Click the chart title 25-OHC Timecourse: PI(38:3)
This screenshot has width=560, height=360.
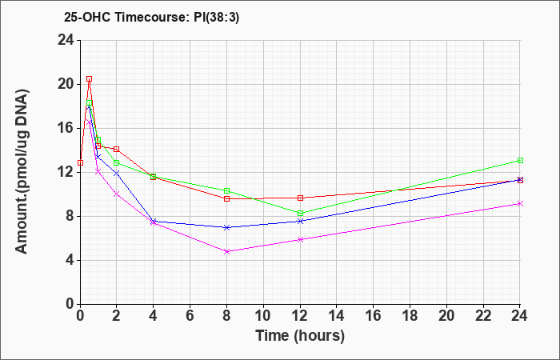pos(151,18)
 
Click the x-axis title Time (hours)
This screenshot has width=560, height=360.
pos(300,336)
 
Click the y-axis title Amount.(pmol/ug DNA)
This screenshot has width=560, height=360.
pos(22,172)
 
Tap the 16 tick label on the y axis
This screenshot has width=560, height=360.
pos(66,128)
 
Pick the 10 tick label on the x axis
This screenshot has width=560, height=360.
pos(263,316)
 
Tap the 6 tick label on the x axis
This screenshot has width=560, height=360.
pos(190,316)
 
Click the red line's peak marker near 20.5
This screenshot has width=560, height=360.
pos(90,79)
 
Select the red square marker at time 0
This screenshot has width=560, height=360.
pos(80,163)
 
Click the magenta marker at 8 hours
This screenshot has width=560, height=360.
pos(226,251)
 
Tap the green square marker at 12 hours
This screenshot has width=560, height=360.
pos(300,214)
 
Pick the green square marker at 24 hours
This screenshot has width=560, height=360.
pos(520,160)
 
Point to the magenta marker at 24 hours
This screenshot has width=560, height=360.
pos(520,203)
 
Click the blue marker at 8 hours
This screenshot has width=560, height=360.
pos(226,227)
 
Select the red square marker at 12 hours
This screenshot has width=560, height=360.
pos(300,198)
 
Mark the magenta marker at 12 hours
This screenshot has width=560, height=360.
pos(300,239)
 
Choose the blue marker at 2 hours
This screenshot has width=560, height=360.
pos(117,174)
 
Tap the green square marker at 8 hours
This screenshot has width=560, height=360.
pos(226,190)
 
